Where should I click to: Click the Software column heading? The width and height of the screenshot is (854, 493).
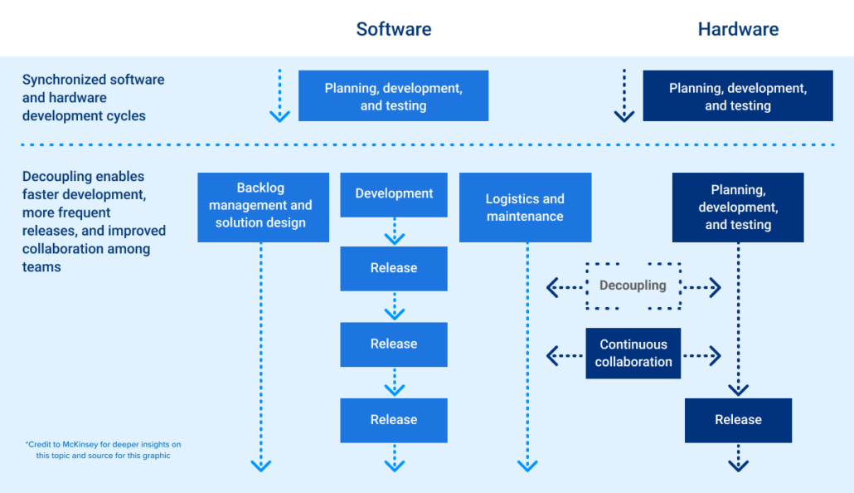pos(393,29)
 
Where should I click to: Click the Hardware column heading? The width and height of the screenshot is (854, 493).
pos(738,29)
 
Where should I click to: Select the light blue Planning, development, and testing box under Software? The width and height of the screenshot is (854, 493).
pos(393,96)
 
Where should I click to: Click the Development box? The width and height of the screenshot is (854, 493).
pos(394,193)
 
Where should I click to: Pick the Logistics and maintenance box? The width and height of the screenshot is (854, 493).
pos(525,207)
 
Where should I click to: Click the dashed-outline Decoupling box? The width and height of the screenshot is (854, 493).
pos(633,286)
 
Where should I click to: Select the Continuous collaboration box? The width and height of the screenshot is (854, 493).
pos(633,354)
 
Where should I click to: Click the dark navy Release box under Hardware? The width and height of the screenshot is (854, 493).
pos(738,420)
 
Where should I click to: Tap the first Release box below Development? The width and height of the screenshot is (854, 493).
pos(394,268)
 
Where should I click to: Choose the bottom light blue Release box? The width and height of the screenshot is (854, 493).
pos(394,420)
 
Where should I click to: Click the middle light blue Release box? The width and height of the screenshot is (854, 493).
pos(394,344)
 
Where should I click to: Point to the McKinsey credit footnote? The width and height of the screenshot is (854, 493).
pos(103,450)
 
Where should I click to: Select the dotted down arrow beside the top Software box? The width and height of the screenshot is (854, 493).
pos(279,96)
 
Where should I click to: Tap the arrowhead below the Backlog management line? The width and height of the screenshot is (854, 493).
pos(261,466)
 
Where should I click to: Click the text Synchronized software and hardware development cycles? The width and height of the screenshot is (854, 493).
pos(93,98)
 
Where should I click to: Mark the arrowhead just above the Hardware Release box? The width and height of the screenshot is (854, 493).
pos(738,389)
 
